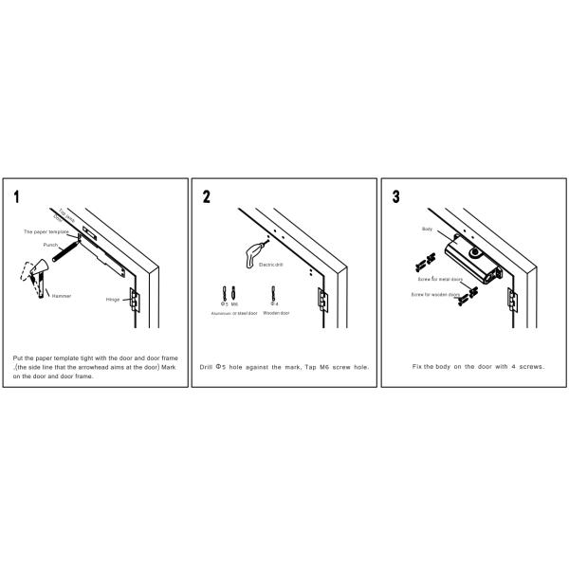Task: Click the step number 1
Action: tap(19, 198)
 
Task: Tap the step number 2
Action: tap(207, 198)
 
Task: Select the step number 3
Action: tap(395, 198)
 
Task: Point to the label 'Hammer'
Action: tap(62, 295)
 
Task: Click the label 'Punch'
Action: tap(51, 244)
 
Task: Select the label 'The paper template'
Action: tap(44, 231)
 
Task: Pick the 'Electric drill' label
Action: tap(271, 266)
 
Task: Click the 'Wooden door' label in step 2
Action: tap(275, 312)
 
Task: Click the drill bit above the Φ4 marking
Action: tap(272, 291)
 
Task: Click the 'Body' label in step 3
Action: tap(427, 229)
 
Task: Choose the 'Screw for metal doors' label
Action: tap(440, 281)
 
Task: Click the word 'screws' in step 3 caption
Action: tap(532, 366)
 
